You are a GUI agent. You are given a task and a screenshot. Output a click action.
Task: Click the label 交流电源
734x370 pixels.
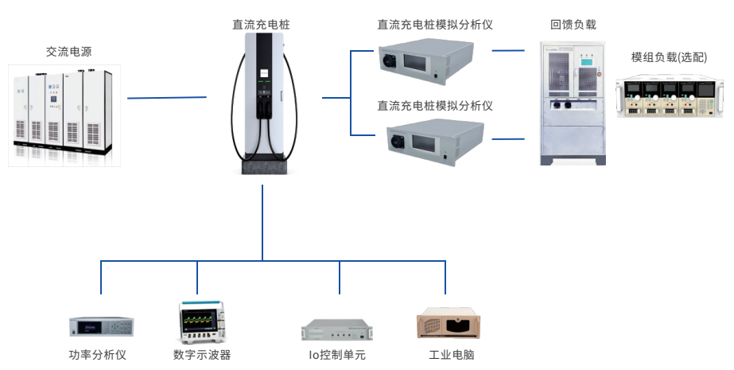tap(68, 53)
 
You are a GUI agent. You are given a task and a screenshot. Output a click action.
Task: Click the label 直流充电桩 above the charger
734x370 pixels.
tap(261, 25)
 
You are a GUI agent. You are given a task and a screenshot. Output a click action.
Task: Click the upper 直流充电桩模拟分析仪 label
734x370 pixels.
tap(434, 25)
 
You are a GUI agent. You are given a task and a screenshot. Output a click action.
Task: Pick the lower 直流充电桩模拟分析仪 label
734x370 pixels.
tap(434, 105)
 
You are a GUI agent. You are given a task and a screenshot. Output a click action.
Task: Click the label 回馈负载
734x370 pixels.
tap(573, 25)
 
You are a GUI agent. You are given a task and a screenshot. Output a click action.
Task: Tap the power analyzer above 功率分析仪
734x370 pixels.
tap(101, 326)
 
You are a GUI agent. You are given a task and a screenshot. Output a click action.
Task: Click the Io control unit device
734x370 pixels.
tap(337, 329)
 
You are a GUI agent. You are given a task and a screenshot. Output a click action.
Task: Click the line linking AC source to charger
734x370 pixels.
tap(167, 98)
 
